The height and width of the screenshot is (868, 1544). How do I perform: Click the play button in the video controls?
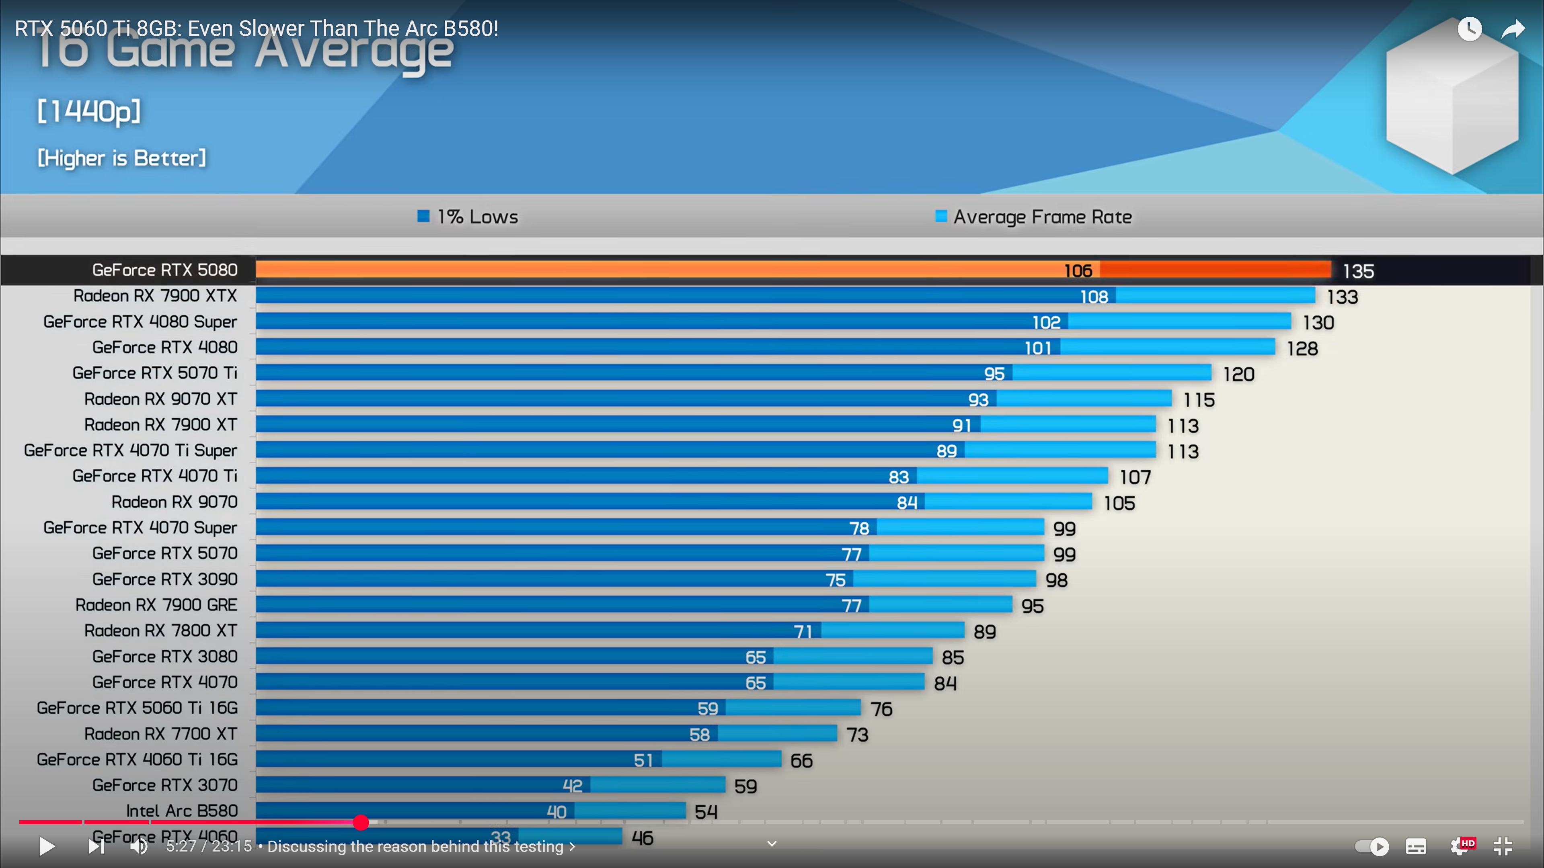[x=47, y=846]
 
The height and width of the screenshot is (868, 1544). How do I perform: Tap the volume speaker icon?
[x=139, y=846]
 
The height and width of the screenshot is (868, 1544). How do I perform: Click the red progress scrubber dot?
[x=361, y=823]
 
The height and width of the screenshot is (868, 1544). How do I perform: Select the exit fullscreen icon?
[x=1503, y=846]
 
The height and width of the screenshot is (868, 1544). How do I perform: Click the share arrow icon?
[x=1513, y=29]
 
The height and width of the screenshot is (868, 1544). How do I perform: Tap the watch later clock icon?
[x=1470, y=29]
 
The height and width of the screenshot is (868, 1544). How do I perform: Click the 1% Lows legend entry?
[x=468, y=217]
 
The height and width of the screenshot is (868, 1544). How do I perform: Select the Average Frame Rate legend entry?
[x=1034, y=217]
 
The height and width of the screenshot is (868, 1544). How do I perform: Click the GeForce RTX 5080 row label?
[x=165, y=270]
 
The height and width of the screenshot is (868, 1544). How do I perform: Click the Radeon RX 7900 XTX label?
[x=155, y=296]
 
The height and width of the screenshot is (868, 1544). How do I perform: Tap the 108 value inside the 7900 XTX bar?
[x=1094, y=297]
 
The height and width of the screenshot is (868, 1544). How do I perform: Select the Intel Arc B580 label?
[x=182, y=811]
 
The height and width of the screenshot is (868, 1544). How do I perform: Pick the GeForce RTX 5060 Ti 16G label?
[x=137, y=708]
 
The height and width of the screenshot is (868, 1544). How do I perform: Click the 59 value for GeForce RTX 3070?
[x=745, y=786]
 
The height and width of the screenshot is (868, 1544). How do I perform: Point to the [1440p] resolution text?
[x=89, y=111]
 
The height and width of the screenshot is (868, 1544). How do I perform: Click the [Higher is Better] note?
[x=122, y=158]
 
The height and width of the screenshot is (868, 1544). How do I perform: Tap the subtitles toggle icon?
[x=1416, y=846]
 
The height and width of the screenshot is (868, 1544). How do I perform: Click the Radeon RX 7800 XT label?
[x=161, y=631]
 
